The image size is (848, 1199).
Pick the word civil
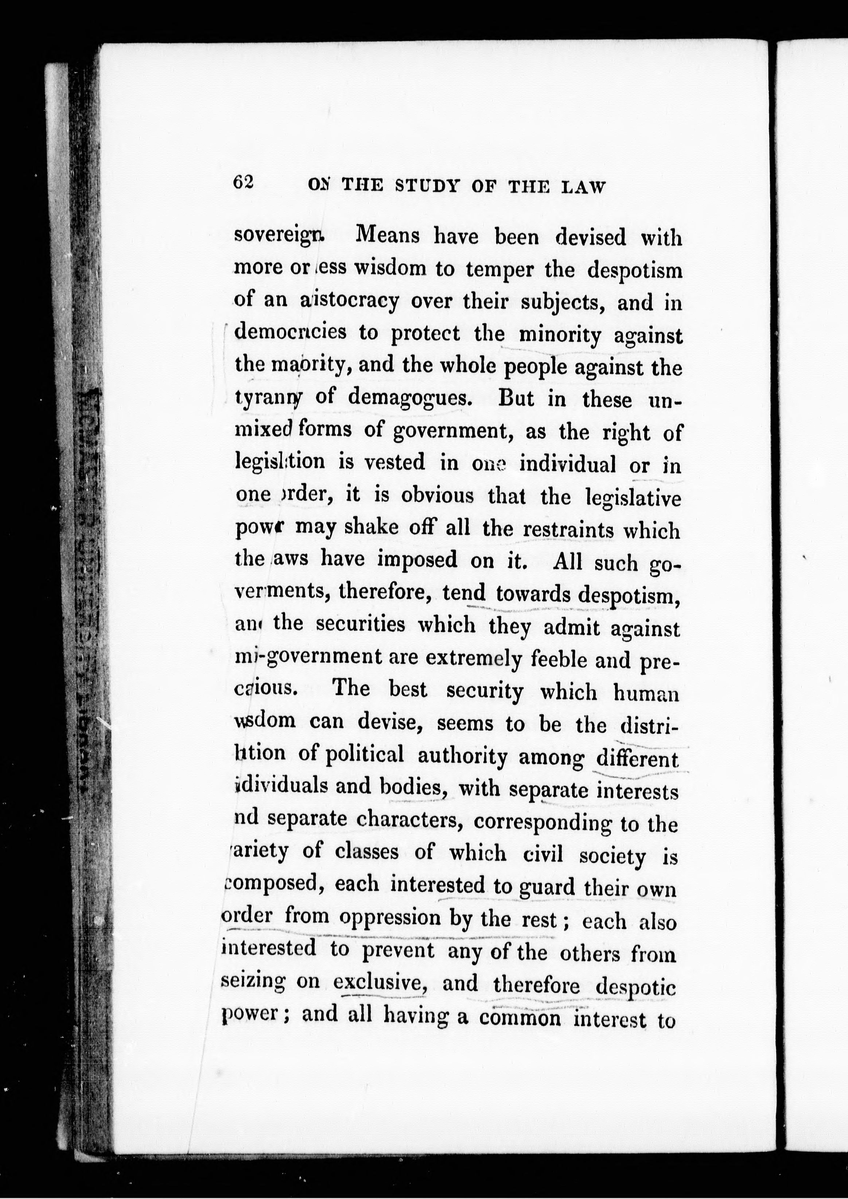click(x=543, y=854)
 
